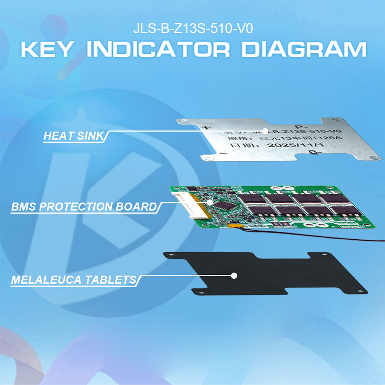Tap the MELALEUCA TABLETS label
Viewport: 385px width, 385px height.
point(73,280)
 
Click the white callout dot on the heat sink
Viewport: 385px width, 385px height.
point(265,131)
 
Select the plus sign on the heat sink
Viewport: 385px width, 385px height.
point(207,129)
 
